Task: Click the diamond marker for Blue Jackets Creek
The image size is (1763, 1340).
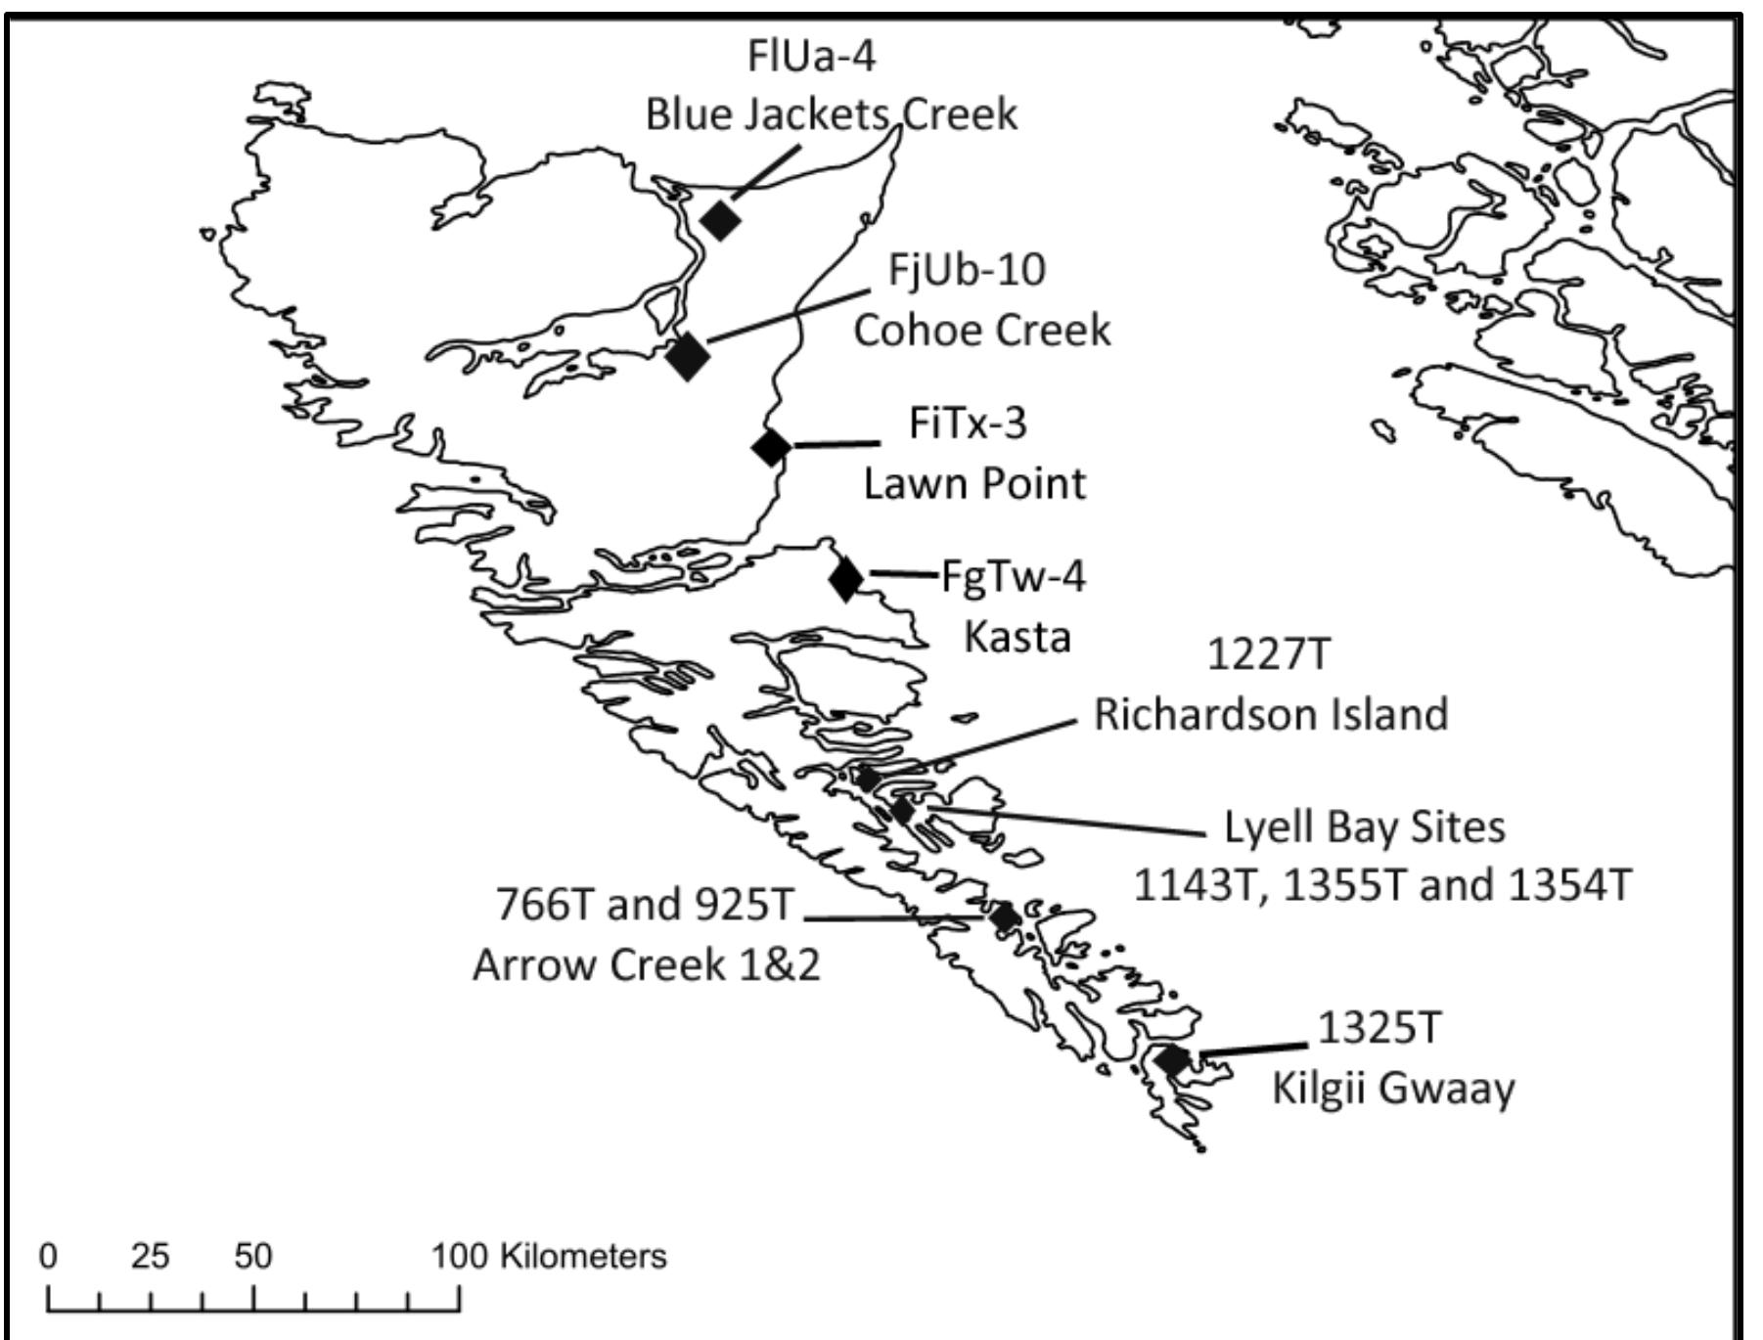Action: click(721, 219)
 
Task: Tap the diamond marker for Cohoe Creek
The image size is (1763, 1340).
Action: click(688, 355)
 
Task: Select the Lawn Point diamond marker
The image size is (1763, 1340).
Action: click(772, 447)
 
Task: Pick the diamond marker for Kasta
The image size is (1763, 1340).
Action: click(846, 578)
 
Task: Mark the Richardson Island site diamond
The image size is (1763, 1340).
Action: click(867, 779)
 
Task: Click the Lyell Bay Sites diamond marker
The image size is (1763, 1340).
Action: click(903, 810)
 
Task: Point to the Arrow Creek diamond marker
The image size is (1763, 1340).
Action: click(1005, 917)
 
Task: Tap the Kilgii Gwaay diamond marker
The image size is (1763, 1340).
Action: click(1171, 1058)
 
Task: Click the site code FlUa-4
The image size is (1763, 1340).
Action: click(811, 56)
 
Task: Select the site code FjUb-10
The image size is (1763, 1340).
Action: click(967, 269)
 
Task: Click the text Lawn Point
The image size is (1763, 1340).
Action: click(974, 483)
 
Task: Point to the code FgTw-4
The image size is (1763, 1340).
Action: click(1014, 576)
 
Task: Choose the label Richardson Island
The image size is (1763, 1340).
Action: click(1271, 714)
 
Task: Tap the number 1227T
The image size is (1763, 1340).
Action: click(1269, 654)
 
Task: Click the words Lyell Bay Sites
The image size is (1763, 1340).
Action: click(1365, 827)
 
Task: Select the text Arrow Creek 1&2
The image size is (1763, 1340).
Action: click(647, 964)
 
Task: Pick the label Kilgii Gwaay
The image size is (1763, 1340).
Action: click(1393, 1088)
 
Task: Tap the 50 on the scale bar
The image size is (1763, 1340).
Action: click(252, 1256)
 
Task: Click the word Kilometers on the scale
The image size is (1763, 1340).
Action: click(583, 1256)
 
